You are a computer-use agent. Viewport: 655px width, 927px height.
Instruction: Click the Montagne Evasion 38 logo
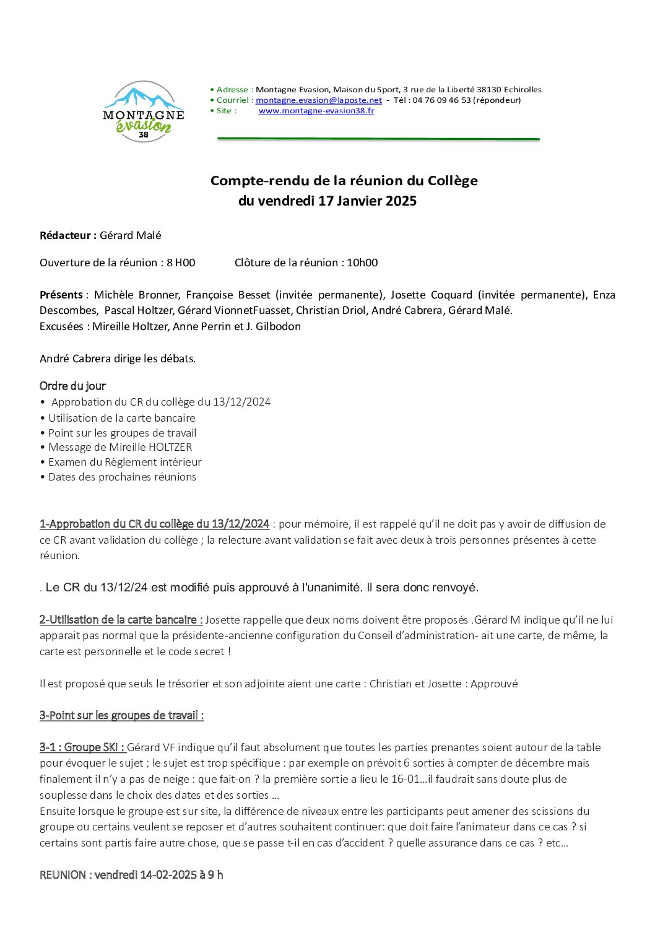pos(144,112)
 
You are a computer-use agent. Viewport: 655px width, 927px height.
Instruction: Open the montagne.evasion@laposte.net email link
pos(319,100)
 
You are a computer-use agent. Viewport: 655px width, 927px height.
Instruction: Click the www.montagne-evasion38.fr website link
pos(316,111)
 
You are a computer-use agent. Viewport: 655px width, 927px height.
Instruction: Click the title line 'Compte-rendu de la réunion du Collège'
pos(344,181)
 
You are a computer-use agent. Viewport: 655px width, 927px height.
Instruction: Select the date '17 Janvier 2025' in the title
pos(367,201)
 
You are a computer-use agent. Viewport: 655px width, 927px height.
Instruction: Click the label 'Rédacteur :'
pos(68,235)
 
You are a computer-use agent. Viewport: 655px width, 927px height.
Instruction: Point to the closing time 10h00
pos(362,263)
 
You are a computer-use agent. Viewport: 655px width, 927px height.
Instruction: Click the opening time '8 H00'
pos(181,263)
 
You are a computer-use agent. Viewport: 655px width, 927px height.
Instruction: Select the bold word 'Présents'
pos(61,295)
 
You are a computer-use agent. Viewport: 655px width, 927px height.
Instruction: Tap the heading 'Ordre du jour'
pos(72,386)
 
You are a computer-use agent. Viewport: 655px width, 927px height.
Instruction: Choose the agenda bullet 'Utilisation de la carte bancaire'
pos(121,418)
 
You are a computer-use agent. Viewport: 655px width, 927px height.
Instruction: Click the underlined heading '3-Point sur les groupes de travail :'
pos(121,715)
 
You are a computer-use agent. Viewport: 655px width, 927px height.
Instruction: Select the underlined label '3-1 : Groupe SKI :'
pos(82,747)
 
